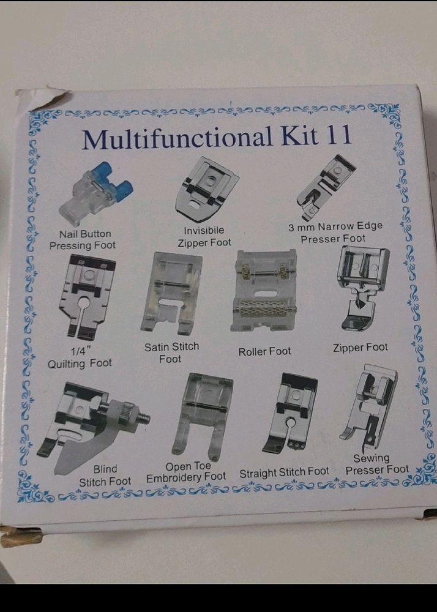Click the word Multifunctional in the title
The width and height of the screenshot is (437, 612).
click(x=177, y=138)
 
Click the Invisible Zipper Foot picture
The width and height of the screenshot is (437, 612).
click(x=206, y=190)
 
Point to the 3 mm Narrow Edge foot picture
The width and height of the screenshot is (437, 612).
click(x=325, y=185)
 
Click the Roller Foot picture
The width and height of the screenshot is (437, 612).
click(x=264, y=290)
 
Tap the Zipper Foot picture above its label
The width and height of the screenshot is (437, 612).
click(x=364, y=287)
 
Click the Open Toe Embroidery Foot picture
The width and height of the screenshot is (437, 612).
click(x=203, y=416)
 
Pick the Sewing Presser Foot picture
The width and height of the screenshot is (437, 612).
click(x=369, y=408)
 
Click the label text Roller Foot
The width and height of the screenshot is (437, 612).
click(x=264, y=351)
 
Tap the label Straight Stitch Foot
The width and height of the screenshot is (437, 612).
click(x=285, y=472)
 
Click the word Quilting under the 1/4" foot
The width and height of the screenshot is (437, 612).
click(x=67, y=364)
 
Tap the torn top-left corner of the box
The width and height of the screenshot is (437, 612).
click(x=39, y=97)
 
